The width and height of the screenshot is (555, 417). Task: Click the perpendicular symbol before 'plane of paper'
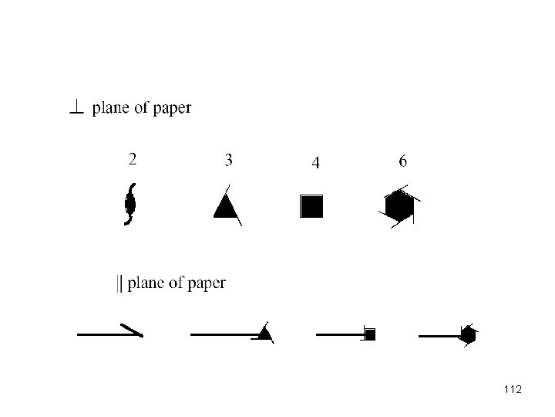click(x=76, y=110)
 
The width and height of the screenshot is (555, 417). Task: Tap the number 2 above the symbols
click(x=133, y=159)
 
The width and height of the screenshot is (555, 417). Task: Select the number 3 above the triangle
click(x=229, y=160)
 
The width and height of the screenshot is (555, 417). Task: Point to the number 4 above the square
click(x=315, y=163)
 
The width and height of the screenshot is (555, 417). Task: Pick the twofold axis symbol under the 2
click(x=130, y=204)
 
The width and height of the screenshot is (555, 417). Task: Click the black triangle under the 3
click(x=224, y=206)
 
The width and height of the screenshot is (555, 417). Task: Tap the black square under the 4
click(x=312, y=206)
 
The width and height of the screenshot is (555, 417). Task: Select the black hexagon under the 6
click(x=399, y=206)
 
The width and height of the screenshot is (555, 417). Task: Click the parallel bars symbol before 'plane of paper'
click(x=119, y=283)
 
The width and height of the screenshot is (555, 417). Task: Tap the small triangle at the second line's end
click(x=264, y=334)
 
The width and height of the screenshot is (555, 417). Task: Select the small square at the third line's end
click(x=370, y=334)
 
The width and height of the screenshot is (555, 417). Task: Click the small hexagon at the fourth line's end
click(x=467, y=334)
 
